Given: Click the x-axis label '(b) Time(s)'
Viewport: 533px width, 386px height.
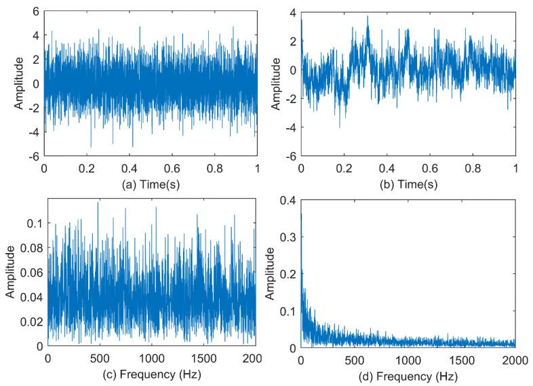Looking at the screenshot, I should (x=408, y=182).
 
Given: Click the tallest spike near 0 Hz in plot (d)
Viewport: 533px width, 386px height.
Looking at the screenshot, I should (x=302, y=214).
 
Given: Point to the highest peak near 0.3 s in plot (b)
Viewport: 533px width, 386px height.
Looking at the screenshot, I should (x=368, y=16).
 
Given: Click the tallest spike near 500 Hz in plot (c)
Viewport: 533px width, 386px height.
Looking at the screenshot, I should (x=98, y=201).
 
